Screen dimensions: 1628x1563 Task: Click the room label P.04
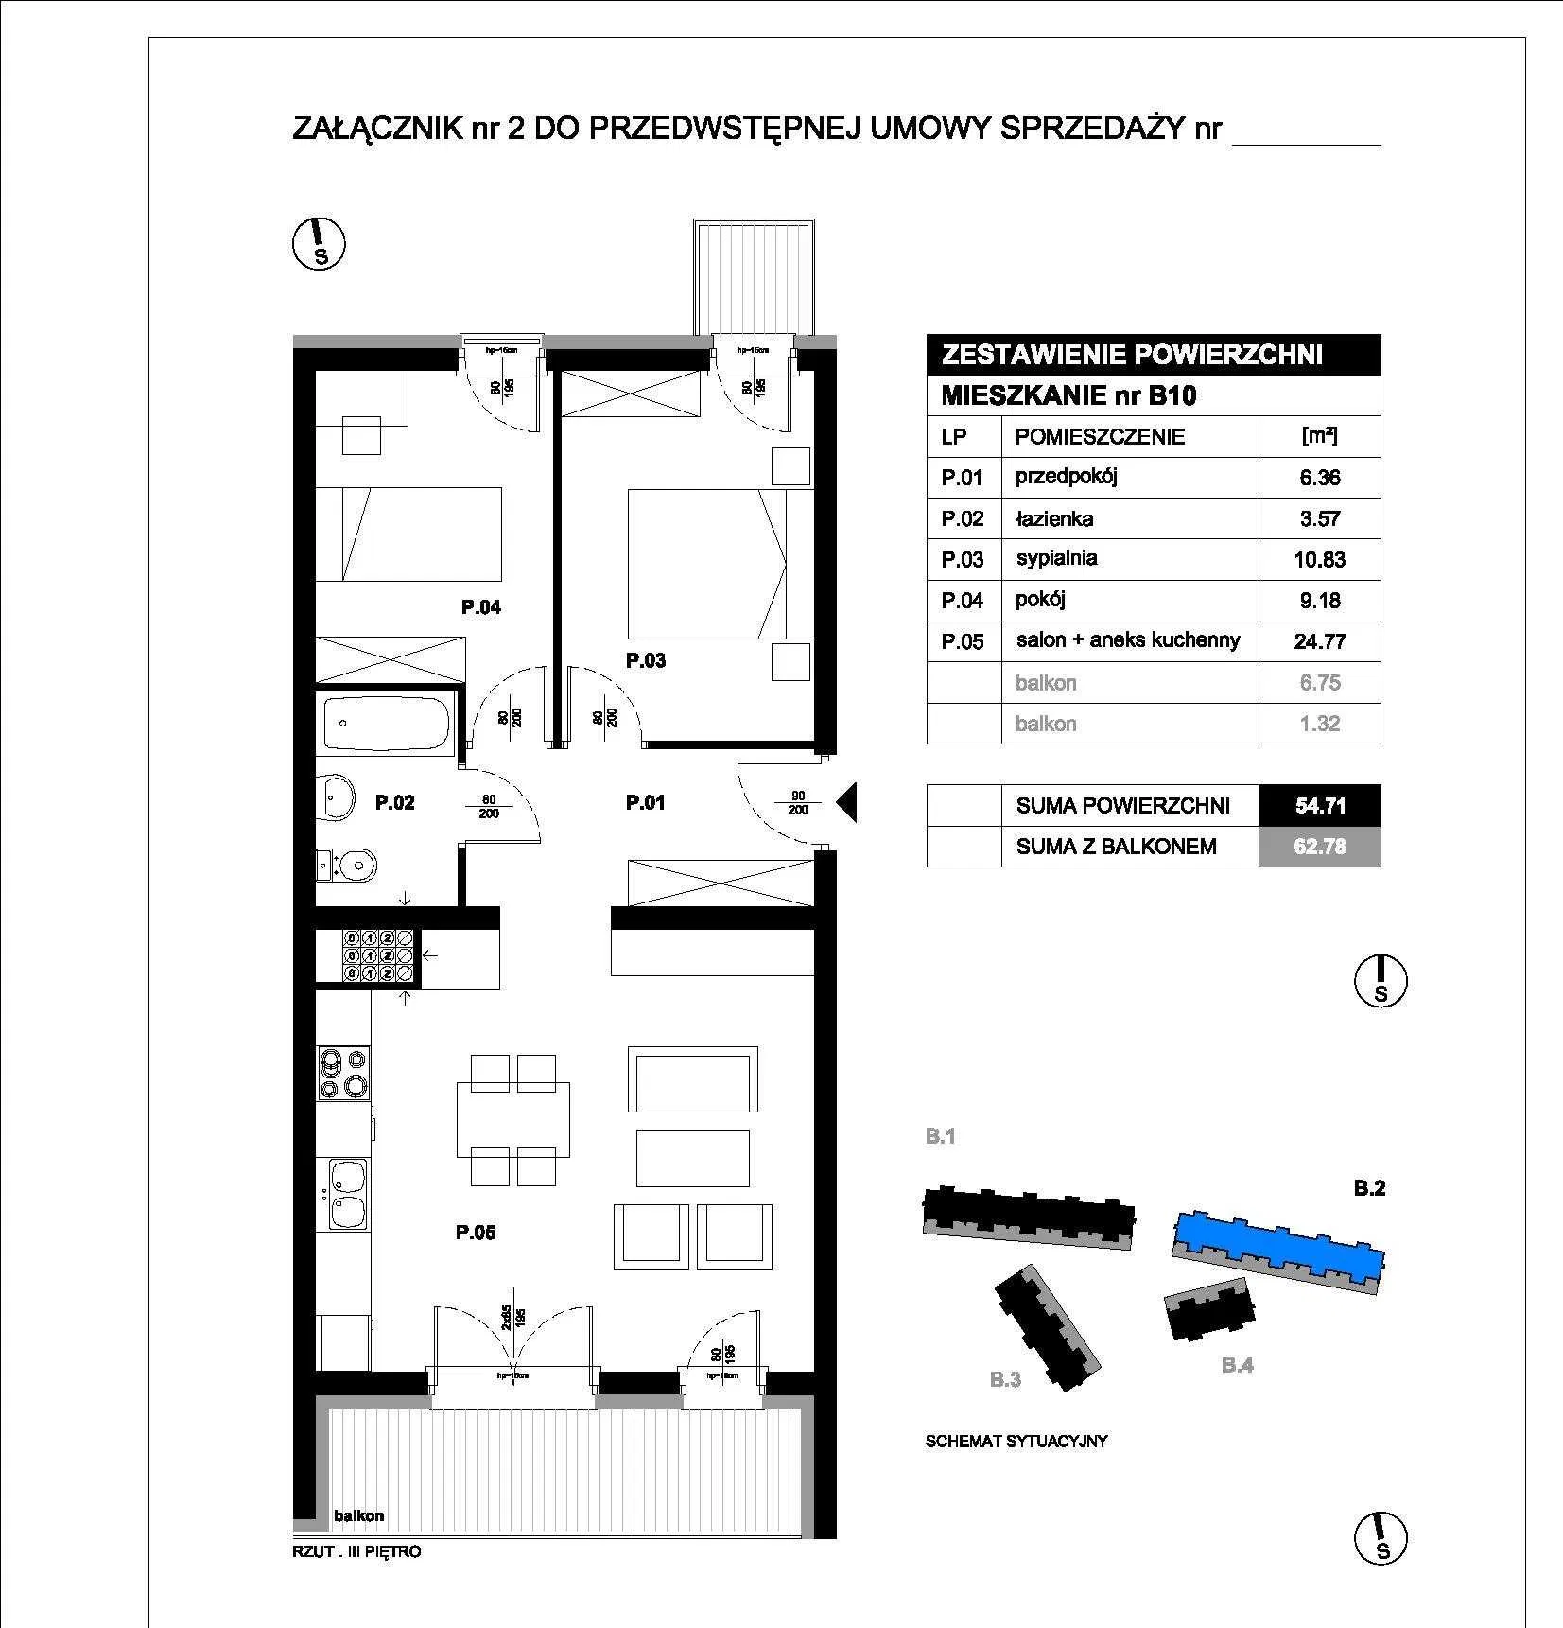pyautogui.click(x=481, y=607)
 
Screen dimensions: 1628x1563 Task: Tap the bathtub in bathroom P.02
pyautogui.click(x=386, y=724)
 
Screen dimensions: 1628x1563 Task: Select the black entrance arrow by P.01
pyautogui.click(x=846, y=803)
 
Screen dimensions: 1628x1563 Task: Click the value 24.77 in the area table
pyautogui.click(x=1319, y=641)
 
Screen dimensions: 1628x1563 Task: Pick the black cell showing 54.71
pyautogui.click(x=1319, y=806)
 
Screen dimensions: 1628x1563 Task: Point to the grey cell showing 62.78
pyautogui.click(x=1319, y=847)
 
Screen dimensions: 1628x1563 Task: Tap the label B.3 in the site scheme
pyautogui.click(x=1005, y=1380)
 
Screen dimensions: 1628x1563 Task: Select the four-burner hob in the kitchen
pyautogui.click(x=343, y=1074)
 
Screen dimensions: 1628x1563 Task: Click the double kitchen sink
pyautogui.click(x=347, y=1193)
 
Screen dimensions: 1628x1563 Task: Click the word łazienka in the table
pyautogui.click(x=1054, y=518)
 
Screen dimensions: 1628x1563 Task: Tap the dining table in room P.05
pyautogui.click(x=513, y=1120)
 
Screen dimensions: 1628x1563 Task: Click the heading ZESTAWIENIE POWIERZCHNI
pyautogui.click(x=1132, y=355)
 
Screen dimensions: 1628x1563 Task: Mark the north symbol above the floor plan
pyautogui.click(x=318, y=243)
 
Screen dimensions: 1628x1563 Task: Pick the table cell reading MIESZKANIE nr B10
pyautogui.click(x=1068, y=395)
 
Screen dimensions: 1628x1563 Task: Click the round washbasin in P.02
pyautogui.click(x=335, y=796)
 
